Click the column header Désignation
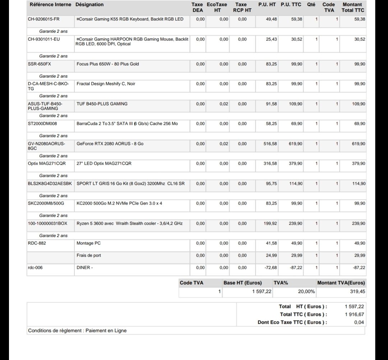pyautogui.click(x=89, y=5)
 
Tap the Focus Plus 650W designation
pyautogui.click(x=108, y=64)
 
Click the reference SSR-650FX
pyautogui.click(x=40, y=64)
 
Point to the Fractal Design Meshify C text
pyautogui.click(x=106, y=84)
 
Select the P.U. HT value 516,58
pyautogui.click(x=270, y=144)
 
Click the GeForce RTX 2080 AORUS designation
pyautogui.click(x=110, y=144)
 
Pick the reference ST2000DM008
pyautogui.click(x=42, y=123)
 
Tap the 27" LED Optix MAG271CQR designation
pyautogui.click(x=104, y=163)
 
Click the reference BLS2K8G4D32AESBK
pyautogui.click(x=50, y=183)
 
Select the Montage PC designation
pyautogui.click(x=89, y=243)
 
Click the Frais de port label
pyautogui.click(x=89, y=255)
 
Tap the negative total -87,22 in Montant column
pyautogui.click(x=359, y=267)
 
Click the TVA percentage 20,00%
pyautogui.click(x=306, y=291)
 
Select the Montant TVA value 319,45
pyautogui.click(x=357, y=291)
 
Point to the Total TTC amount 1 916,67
pyautogui.click(x=354, y=314)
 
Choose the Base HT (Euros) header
pyautogui.click(x=242, y=283)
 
